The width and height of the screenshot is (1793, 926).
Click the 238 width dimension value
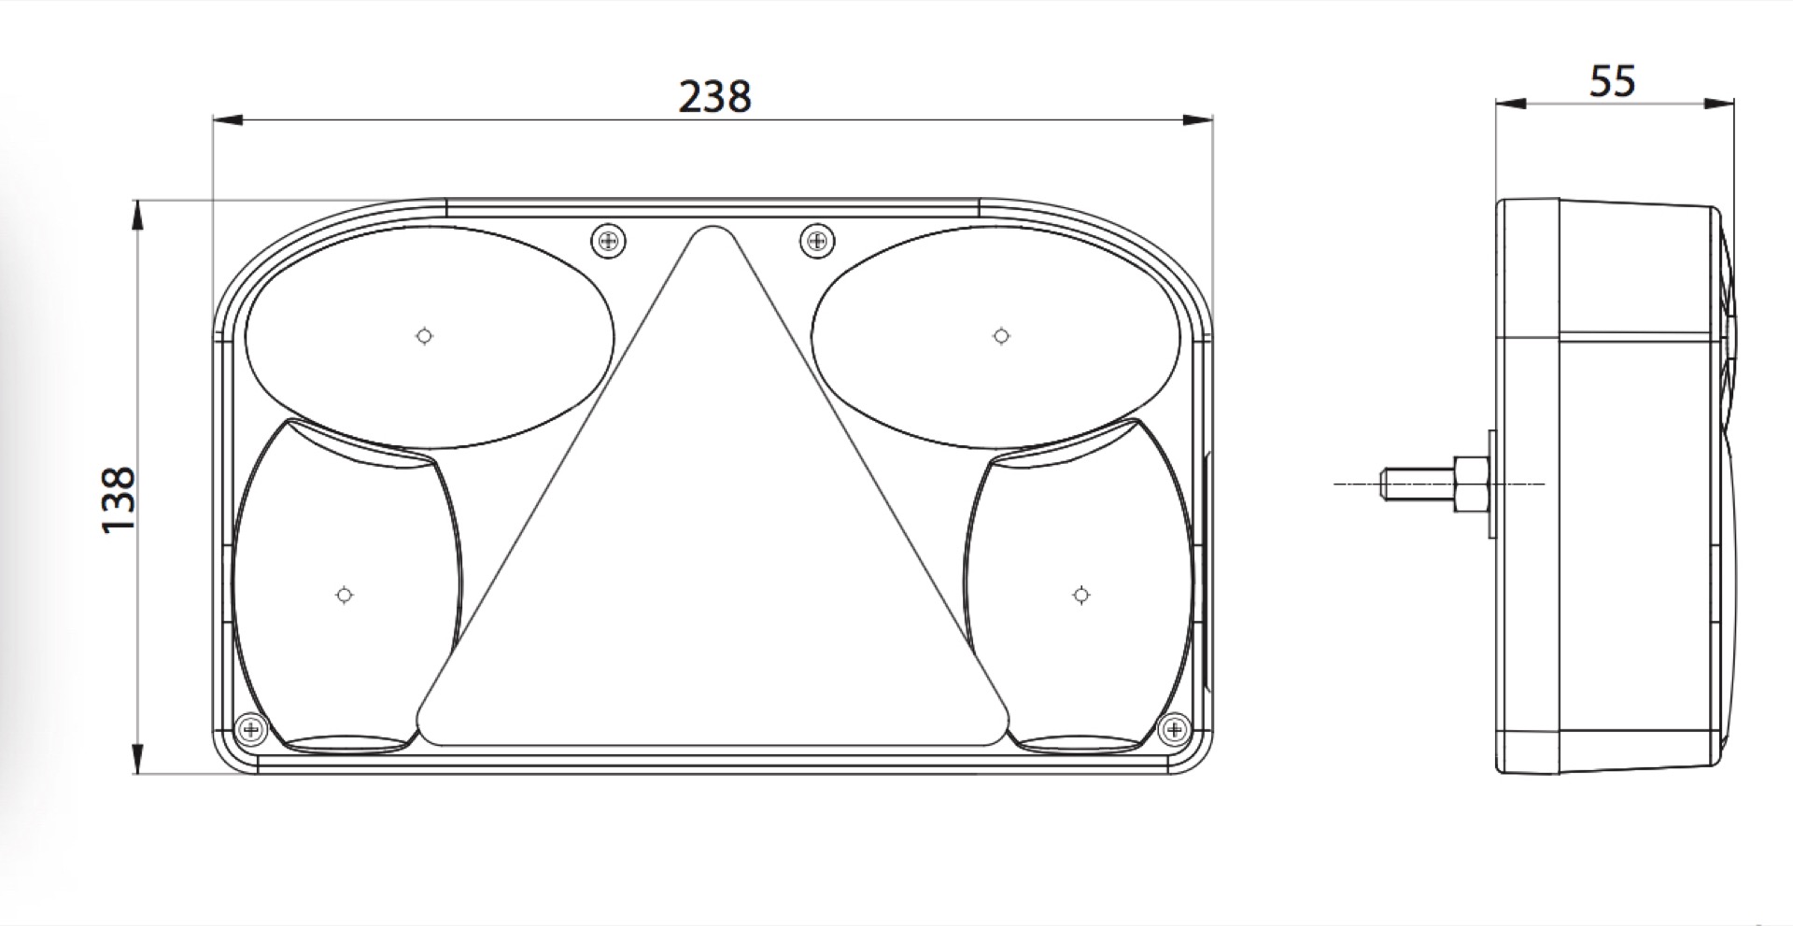[714, 97]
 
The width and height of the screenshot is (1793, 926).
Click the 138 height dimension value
[120, 500]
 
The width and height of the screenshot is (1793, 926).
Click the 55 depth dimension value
[1613, 81]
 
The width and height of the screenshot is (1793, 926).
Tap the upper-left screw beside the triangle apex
[609, 243]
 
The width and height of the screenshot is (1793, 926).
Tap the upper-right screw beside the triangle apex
[817, 243]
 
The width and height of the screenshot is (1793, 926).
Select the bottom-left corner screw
[250, 728]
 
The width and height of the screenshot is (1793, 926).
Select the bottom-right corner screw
[1173, 728]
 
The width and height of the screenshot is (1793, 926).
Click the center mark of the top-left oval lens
[425, 336]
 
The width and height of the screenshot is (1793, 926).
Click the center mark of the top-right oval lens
[1001, 336]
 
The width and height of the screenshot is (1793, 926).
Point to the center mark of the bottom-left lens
[345, 595]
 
